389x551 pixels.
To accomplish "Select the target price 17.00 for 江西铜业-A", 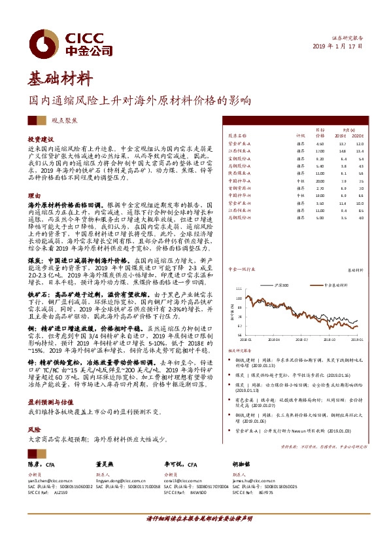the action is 319,151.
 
